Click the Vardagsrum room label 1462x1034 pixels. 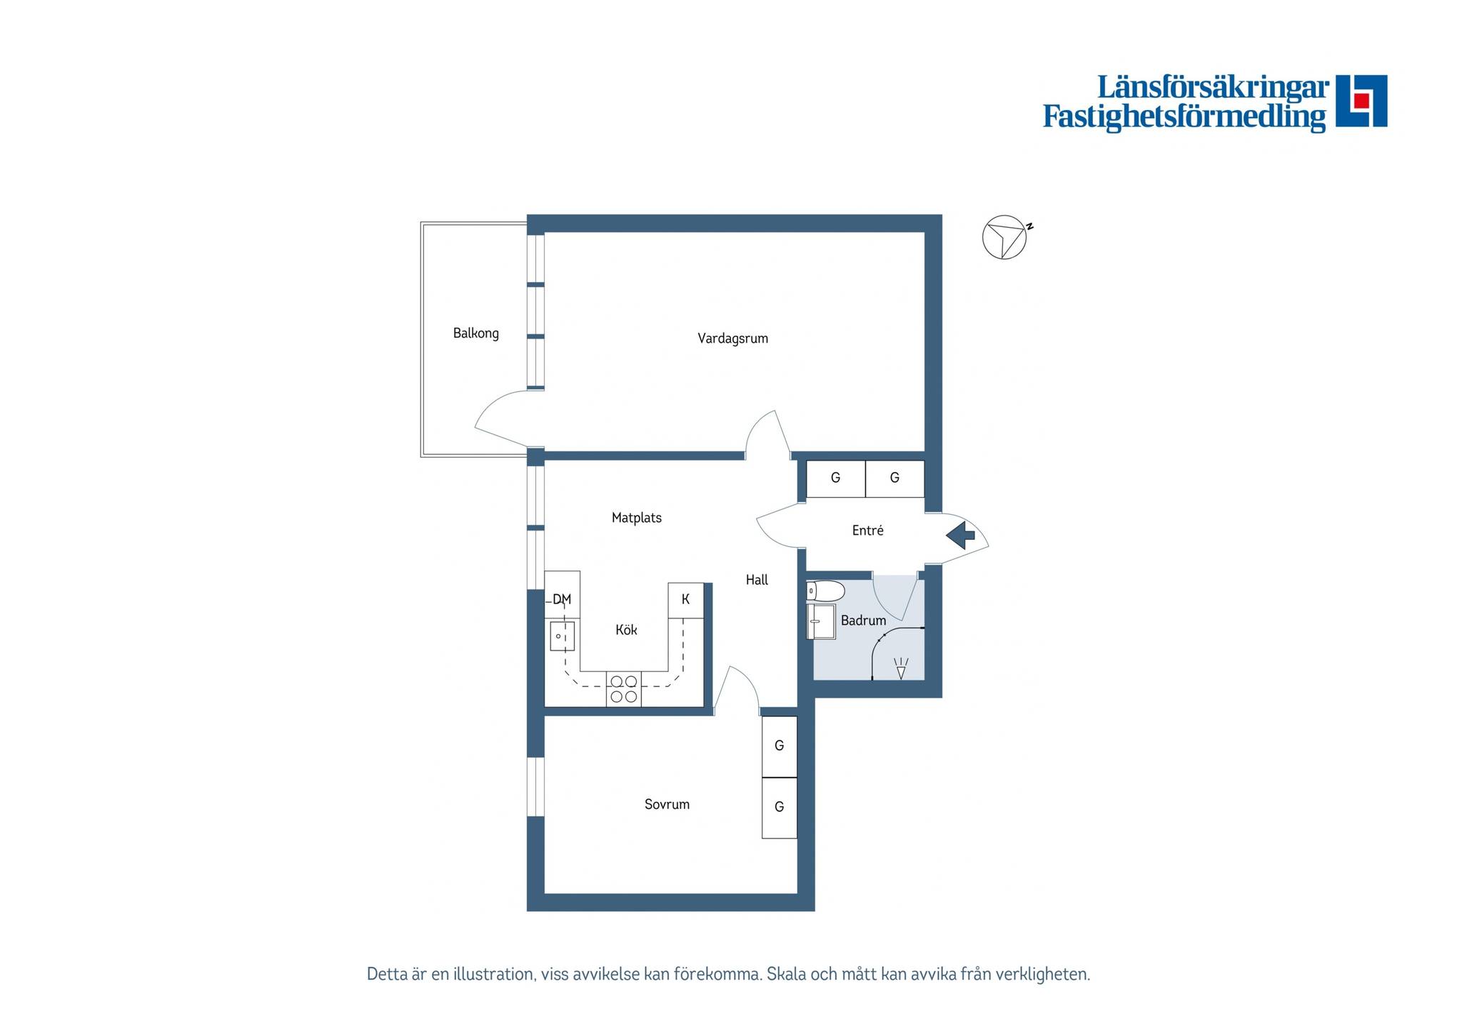[732, 338]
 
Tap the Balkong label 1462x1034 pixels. [476, 333]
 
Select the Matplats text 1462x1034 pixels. [637, 518]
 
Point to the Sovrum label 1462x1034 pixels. [667, 804]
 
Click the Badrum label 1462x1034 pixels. [863, 621]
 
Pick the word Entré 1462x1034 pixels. [868, 531]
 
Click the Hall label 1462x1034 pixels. [757, 580]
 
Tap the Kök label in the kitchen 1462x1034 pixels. [626, 630]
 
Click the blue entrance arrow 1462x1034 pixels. [961, 535]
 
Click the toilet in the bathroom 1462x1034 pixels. [826, 591]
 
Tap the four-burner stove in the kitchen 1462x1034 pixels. [624, 689]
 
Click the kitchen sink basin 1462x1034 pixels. [563, 636]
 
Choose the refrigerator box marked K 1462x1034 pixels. [686, 601]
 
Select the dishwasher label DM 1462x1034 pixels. [562, 599]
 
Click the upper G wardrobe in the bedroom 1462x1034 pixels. [780, 746]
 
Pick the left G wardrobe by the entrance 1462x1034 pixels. [836, 478]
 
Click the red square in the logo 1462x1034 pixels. [1361, 101]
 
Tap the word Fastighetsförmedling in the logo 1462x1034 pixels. [1184, 117]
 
